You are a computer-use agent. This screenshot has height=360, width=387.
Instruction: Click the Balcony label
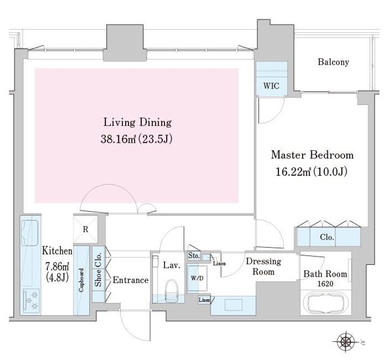[333, 62]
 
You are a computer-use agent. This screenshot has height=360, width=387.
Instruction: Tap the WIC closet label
[271, 86]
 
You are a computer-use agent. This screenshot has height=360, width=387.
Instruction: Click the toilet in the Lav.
[171, 291]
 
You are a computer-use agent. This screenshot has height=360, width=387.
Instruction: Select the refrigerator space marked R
[85, 230]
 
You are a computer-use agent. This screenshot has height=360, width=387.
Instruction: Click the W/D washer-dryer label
[197, 278]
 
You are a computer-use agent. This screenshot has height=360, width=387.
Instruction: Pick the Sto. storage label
[193, 256]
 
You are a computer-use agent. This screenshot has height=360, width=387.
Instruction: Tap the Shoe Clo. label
[98, 270]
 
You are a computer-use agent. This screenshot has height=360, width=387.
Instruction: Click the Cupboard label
[81, 280]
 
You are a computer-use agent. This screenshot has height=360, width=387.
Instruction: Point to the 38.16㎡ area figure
[118, 139]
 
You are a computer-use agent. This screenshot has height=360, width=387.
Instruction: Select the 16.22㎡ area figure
[293, 172]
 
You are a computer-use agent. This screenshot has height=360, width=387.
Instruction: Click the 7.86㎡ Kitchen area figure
[57, 266]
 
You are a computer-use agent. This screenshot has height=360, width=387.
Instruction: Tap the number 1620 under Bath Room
[325, 284]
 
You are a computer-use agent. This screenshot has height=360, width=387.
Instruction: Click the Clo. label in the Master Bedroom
[327, 237]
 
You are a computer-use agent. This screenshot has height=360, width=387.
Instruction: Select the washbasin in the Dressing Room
[233, 305]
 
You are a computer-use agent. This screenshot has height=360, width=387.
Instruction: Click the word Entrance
[131, 280]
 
